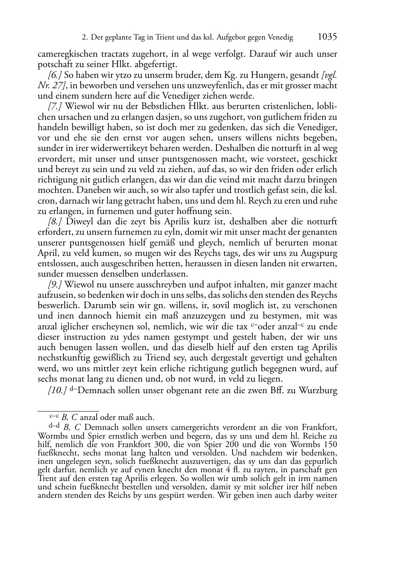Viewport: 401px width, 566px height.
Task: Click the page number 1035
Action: click(327, 37)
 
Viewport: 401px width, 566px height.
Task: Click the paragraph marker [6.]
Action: click(55, 75)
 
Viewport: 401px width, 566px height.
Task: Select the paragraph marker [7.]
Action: click(55, 107)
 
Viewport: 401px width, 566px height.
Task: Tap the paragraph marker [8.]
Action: click(55, 222)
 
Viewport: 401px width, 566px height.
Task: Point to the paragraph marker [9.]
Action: click(55, 285)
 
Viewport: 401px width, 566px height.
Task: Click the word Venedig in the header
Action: click(280, 38)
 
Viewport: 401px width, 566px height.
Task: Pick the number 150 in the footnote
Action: click(330, 445)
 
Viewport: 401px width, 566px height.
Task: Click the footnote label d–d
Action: click(54, 426)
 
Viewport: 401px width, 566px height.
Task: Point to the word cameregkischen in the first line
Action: click(64, 53)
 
